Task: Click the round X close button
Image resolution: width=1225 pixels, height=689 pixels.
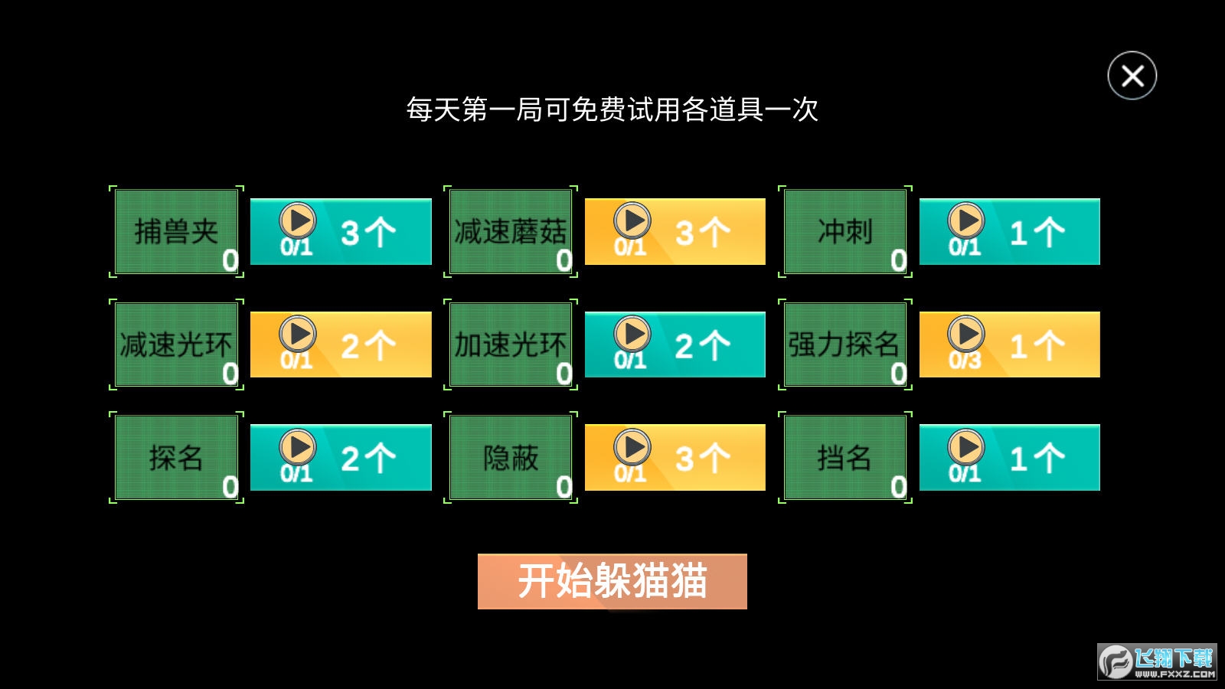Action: [1132, 76]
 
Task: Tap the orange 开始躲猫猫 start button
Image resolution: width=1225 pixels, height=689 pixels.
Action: [612, 581]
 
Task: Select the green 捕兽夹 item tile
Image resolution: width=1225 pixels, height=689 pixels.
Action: [176, 231]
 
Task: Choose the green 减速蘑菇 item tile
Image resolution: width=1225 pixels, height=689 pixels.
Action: [510, 231]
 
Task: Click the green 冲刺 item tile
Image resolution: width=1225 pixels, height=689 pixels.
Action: [845, 231]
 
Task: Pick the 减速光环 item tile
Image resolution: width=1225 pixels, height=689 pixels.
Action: [176, 344]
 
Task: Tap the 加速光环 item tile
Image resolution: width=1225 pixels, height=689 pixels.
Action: [510, 344]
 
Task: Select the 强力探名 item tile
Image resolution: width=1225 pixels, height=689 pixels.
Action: [845, 344]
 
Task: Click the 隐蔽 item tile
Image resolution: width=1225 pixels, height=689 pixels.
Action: [510, 457]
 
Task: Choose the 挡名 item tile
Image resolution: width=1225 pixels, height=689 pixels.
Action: [845, 457]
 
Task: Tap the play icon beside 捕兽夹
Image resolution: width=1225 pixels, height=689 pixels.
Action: [298, 221]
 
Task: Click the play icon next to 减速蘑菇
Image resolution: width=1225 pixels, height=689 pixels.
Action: [632, 221]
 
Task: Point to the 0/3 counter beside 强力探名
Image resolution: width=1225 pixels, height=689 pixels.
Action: [965, 360]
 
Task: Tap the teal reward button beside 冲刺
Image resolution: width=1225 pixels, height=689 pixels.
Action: [1010, 232]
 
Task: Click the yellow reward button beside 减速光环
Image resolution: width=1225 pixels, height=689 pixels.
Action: [341, 344]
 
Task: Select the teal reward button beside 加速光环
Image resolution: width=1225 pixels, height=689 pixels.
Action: [675, 344]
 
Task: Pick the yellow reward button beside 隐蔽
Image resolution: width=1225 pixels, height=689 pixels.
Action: [675, 457]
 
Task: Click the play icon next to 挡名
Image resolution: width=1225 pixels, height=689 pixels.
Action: [966, 447]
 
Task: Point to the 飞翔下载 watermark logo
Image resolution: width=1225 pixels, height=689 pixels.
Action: [1157, 661]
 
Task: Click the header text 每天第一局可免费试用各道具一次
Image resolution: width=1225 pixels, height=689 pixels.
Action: [612, 109]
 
